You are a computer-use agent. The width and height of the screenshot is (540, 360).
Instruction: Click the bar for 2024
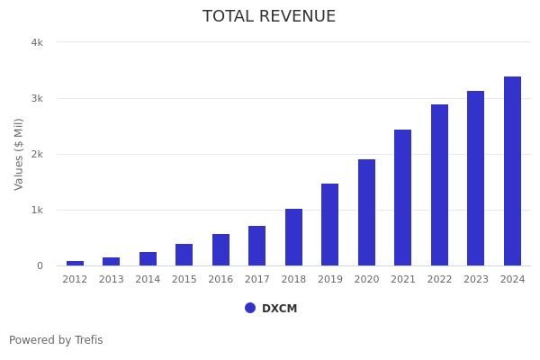(512, 171)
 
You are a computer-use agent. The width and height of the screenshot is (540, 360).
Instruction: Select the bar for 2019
(330, 224)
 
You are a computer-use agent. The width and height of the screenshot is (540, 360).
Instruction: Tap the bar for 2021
(403, 197)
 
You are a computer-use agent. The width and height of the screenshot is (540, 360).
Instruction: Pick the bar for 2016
(220, 249)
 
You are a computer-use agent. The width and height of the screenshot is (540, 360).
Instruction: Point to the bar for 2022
(439, 184)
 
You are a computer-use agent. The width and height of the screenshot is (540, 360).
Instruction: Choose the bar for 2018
(293, 237)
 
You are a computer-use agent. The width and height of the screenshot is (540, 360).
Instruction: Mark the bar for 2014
(148, 258)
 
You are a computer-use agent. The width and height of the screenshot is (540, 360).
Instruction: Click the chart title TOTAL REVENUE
(269, 17)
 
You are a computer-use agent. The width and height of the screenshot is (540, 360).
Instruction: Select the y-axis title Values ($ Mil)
(20, 153)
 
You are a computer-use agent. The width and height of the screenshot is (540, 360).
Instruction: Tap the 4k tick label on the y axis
(37, 42)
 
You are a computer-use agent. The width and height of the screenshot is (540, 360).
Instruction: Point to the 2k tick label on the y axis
(37, 154)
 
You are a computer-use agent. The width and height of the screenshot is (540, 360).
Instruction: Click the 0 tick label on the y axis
(40, 265)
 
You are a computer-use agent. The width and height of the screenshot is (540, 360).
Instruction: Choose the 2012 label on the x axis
(75, 280)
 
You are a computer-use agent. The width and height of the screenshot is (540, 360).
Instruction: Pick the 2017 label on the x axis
(257, 280)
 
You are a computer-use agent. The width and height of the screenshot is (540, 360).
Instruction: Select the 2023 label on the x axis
(476, 280)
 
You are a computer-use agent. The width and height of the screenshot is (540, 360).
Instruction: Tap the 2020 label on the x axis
(366, 280)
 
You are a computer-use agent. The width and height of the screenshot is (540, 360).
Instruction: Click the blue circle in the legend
(250, 308)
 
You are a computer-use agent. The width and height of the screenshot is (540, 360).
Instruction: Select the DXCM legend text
(279, 309)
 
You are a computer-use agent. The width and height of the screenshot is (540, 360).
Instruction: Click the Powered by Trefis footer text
(56, 340)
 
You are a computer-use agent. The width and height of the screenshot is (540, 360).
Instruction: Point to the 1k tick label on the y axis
(37, 210)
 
